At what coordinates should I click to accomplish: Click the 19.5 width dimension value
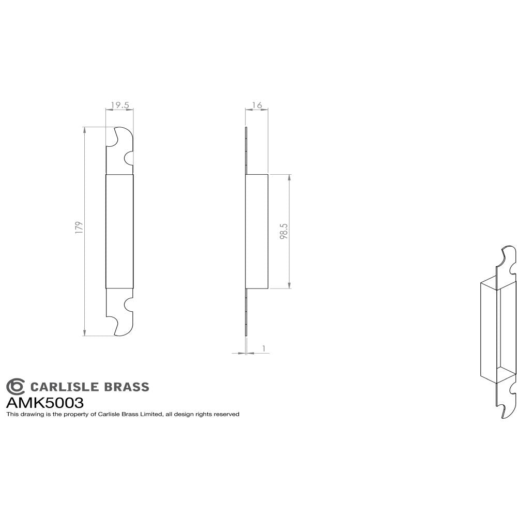coord(119,105)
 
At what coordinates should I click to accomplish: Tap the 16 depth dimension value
coord(256,105)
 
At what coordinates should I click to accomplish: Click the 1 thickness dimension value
coord(264,349)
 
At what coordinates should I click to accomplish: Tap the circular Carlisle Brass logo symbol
coord(15,386)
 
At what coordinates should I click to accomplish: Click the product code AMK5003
coord(44,402)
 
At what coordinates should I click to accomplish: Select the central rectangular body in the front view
coord(119,231)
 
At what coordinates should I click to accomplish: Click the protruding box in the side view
coord(257,231)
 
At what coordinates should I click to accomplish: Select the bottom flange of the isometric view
coord(506,398)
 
